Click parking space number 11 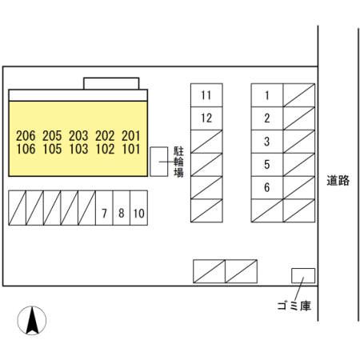[206, 95]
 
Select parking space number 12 [206, 118]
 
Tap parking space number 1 [267, 95]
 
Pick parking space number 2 [267, 118]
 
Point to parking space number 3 [267, 142]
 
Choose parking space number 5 [267, 165]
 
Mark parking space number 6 [267, 187]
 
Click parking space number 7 [104, 208]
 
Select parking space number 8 [122, 208]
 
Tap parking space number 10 [139, 208]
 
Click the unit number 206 [26, 136]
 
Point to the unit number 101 [131, 149]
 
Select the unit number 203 [78, 136]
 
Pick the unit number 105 [52, 149]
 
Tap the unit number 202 [105, 136]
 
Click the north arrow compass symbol [32, 320]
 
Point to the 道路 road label [338, 181]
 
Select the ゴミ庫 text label [294, 306]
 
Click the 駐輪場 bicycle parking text [178, 162]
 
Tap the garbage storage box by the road [303, 276]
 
